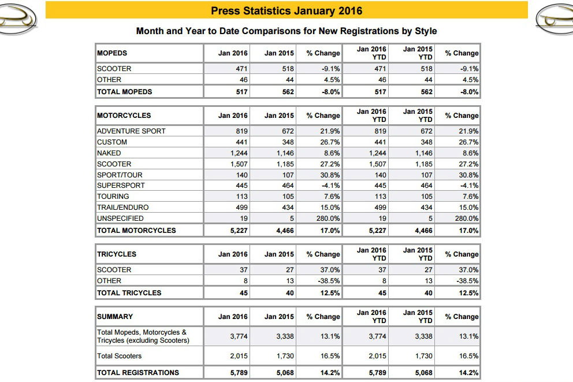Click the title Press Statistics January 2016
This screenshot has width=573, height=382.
coord(286,10)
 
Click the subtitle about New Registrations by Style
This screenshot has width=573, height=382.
coord(286,31)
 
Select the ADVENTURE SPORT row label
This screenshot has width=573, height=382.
coord(131,131)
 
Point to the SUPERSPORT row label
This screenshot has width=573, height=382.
coord(121,186)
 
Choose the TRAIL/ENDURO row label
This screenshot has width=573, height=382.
coord(122,207)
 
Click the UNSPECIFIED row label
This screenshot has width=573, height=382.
coord(120,218)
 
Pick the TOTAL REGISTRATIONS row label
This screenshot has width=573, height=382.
coord(138,373)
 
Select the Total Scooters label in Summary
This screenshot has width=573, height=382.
coord(119,356)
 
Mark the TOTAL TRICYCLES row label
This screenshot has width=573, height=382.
coord(129,293)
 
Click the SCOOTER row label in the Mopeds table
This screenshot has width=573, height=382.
coord(114,69)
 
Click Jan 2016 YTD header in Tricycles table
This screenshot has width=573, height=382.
coord(371,254)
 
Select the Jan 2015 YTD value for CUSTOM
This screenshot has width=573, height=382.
coord(425,142)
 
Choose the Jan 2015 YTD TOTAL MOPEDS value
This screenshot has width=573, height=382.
coord(425,92)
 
